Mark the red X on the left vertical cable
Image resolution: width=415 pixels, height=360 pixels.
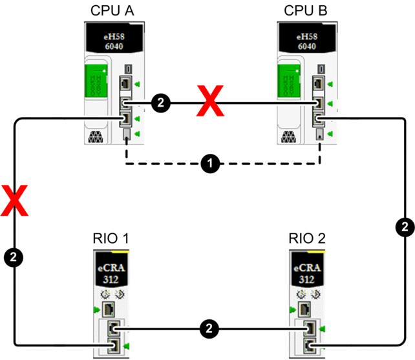(15, 200)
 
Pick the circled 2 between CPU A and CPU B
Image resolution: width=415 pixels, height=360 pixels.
(161, 102)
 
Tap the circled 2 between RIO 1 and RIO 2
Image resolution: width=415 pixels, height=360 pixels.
(208, 328)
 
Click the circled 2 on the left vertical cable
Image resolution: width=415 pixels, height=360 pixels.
(15, 257)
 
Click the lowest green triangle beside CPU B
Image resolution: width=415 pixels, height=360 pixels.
(330, 134)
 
